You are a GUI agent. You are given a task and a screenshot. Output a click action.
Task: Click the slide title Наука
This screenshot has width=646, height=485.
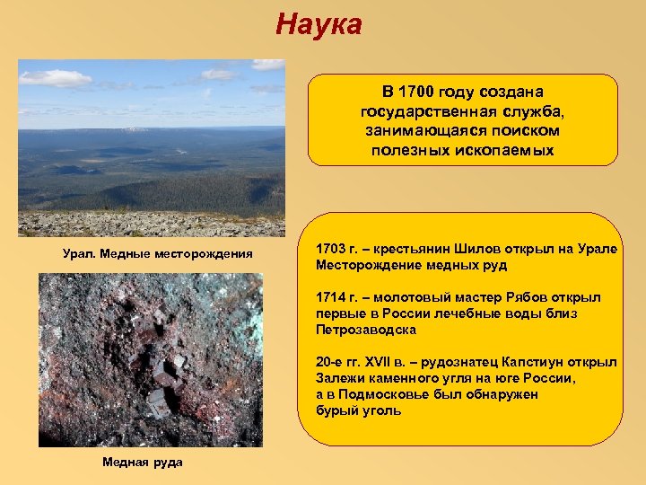pyautogui.click(x=319, y=24)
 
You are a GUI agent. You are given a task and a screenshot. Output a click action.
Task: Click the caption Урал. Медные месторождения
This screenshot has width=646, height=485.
pyautogui.click(x=157, y=255)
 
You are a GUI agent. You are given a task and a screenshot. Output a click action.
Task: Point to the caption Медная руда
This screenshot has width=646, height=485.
pyautogui.click(x=142, y=462)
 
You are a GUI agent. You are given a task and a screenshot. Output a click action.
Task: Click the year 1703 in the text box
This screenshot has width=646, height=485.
pyautogui.click(x=331, y=249)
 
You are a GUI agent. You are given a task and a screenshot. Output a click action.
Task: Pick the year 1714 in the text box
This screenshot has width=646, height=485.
pyautogui.click(x=331, y=297)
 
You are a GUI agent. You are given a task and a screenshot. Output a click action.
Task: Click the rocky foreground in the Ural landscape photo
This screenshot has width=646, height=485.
pyautogui.click(x=151, y=225)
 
